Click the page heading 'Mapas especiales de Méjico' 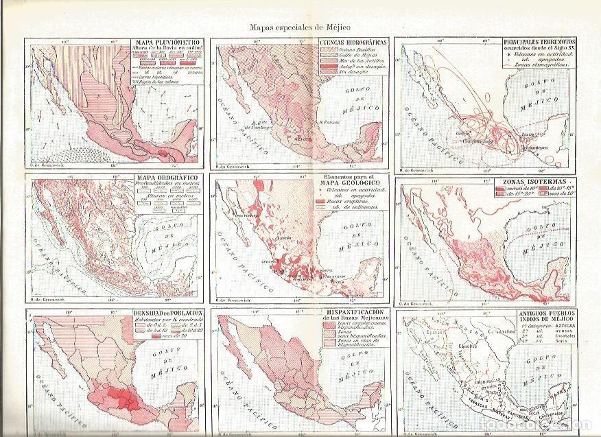(300, 27)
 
